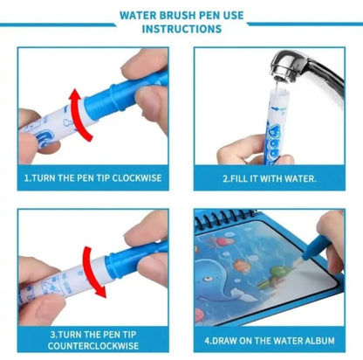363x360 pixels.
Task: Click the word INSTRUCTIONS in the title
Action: [x=181, y=28]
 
